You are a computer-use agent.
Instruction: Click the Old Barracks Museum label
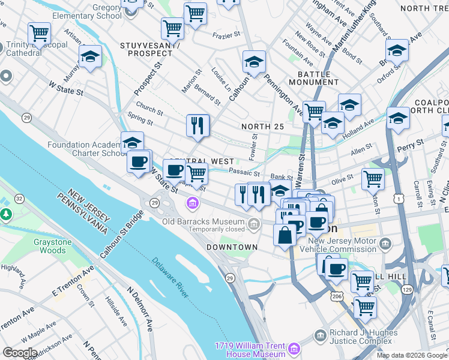[203, 221]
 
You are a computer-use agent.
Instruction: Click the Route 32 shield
[19, 198]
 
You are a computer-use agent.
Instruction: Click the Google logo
[20, 353]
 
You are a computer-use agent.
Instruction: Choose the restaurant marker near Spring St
[197, 125]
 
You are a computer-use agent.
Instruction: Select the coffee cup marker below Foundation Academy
[139, 161]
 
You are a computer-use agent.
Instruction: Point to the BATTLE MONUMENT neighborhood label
[318, 78]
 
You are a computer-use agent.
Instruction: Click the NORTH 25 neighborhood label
[262, 127]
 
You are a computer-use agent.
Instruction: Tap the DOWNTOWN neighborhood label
[232, 247]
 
